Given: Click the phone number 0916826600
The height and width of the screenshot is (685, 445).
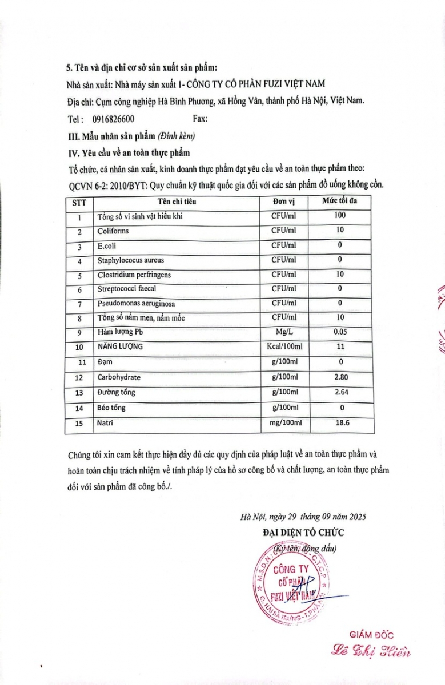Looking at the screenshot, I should [113, 119].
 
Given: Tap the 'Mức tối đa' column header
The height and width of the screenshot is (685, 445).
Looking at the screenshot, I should [340, 201].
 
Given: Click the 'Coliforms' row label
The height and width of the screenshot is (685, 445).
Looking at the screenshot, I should [113, 231].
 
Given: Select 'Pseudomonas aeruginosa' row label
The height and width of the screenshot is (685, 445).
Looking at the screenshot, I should [136, 303].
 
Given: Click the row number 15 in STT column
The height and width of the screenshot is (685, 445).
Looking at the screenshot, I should [80, 424].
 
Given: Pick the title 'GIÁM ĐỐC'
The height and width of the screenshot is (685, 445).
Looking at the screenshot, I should [371, 634].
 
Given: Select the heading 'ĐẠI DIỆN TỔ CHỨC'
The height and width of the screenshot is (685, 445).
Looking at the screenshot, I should [303, 532].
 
